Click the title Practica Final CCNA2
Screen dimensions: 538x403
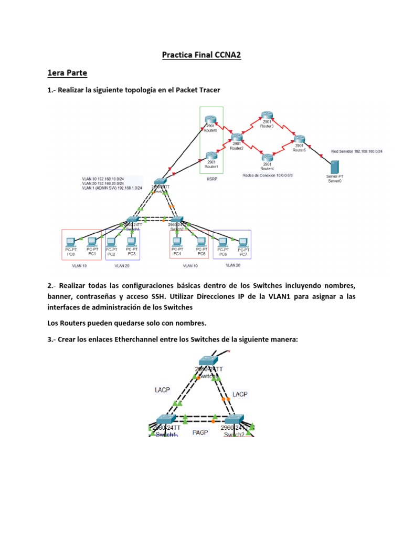[x=201, y=55]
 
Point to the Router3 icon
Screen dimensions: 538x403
[x=267, y=117]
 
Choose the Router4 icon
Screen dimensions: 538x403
[x=267, y=158]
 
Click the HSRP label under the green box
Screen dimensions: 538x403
[x=211, y=179]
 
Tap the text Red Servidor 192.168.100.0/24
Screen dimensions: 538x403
[x=357, y=151]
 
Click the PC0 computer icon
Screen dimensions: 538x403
[x=70, y=242]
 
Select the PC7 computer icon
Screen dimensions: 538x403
[x=243, y=242]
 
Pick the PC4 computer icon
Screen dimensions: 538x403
[x=177, y=242]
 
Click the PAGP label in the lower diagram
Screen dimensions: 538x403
[x=200, y=432]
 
